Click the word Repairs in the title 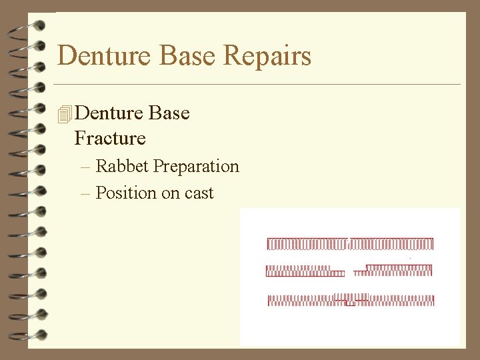click(x=267, y=56)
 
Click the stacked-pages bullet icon click(x=64, y=115)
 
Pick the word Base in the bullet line click(x=169, y=113)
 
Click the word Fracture click(x=110, y=139)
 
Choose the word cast click(x=197, y=193)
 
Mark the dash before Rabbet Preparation click(x=84, y=167)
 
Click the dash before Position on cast click(x=84, y=194)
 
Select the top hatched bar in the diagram click(x=350, y=244)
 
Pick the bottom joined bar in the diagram click(x=351, y=300)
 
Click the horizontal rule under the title click(x=257, y=85)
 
